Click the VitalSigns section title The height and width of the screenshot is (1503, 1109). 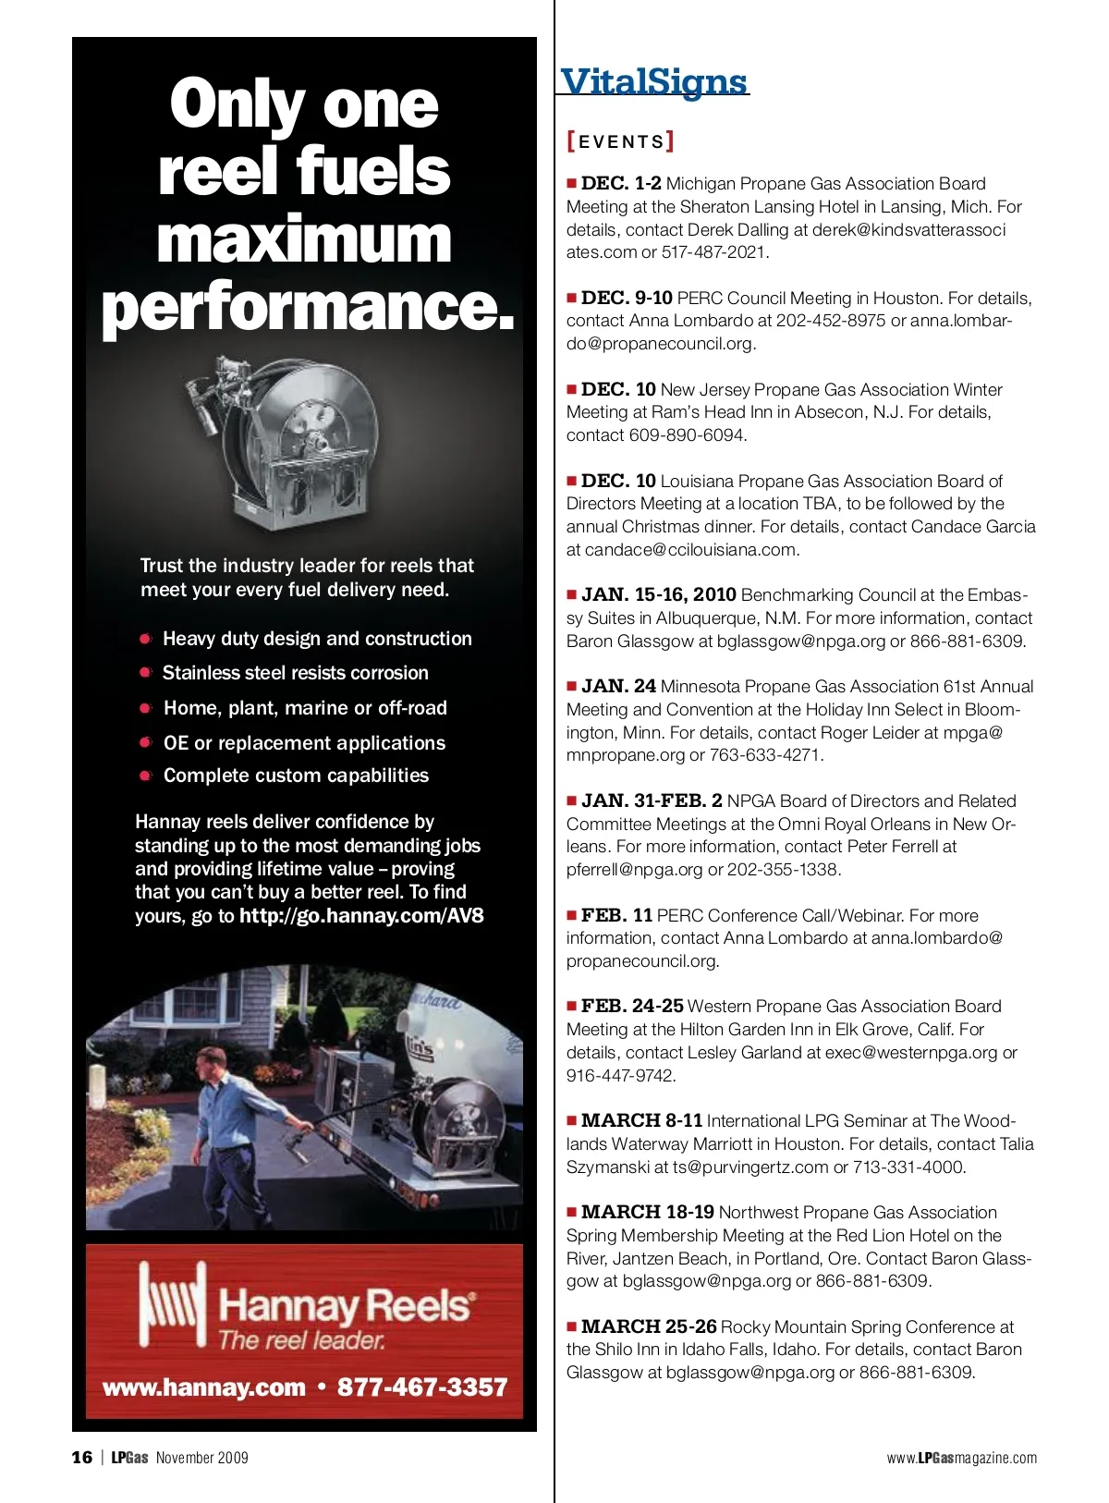653,81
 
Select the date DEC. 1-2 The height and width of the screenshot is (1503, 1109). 620,183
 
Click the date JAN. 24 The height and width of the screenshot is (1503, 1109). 617,686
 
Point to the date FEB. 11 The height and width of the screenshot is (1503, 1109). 615,915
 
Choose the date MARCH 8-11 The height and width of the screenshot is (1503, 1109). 641,1120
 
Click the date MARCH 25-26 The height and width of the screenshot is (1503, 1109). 648,1326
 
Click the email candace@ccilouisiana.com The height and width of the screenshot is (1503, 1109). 691,550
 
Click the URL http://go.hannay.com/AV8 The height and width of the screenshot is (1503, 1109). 361,916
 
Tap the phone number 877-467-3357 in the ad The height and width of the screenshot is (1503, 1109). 422,1387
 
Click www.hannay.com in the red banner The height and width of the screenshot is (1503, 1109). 204,1387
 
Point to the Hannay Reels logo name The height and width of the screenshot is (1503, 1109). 346,1306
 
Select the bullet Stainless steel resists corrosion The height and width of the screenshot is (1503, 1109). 295,673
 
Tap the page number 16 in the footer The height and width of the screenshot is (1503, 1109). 82,1458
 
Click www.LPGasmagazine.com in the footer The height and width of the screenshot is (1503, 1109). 961,1459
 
